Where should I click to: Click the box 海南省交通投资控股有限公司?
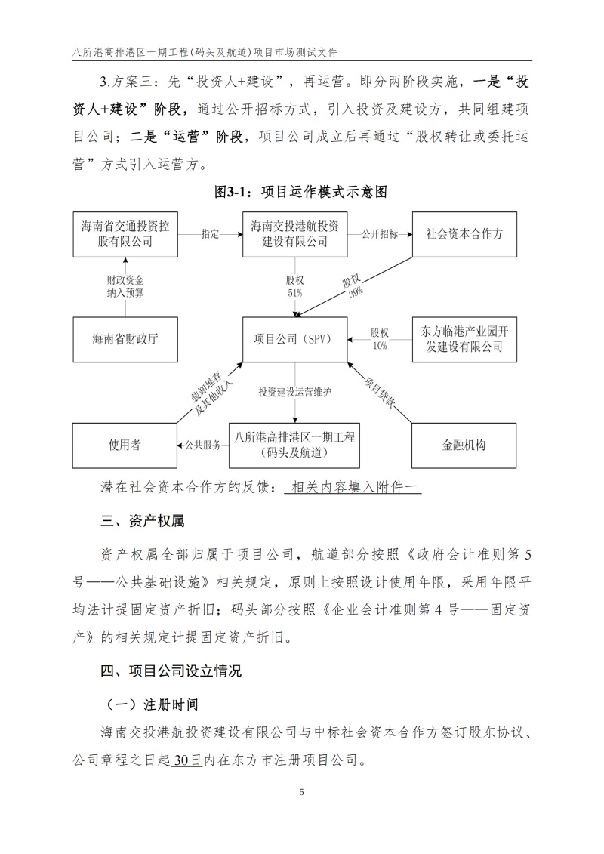(126, 234)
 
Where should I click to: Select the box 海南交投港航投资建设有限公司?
(294, 234)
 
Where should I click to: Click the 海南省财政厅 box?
(126, 338)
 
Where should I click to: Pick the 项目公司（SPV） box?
(294, 338)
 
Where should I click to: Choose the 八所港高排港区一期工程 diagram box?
(294, 445)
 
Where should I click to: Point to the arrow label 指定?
(211, 234)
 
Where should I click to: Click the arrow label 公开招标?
(380, 234)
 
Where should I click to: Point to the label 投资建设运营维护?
(294, 393)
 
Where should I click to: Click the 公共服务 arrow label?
(204, 445)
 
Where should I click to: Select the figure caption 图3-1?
(300, 193)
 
